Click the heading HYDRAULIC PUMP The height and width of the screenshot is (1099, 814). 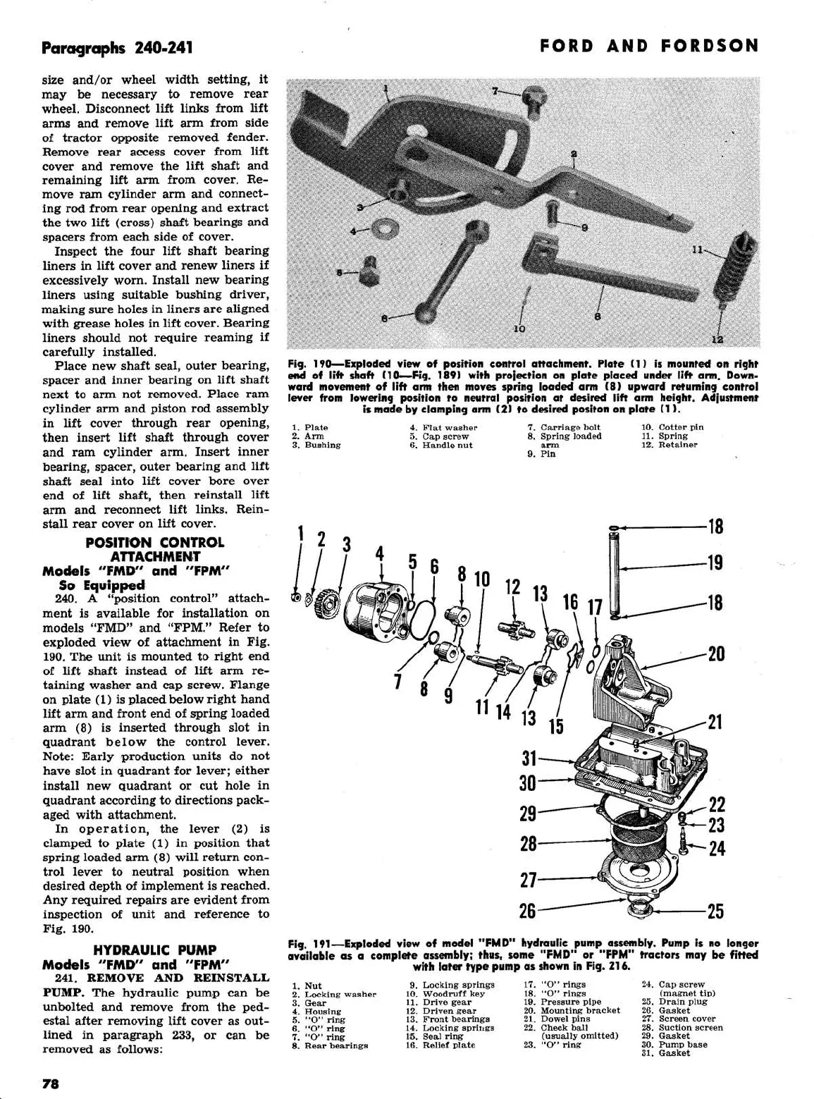pyautogui.click(x=155, y=950)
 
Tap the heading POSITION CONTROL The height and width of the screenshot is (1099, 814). pyautogui.click(x=155, y=542)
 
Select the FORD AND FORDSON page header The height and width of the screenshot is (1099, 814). pyautogui.click(x=649, y=47)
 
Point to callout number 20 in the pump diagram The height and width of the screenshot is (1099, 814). pyautogui.click(x=715, y=653)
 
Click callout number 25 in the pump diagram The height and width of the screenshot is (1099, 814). pyautogui.click(x=715, y=911)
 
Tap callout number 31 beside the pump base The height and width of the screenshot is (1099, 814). pyautogui.click(x=528, y=759)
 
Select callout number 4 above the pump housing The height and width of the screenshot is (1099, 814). pyautogui.click(x=379, y=554)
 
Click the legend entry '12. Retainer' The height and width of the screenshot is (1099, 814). pyautogui.click(x=668, y=445)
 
